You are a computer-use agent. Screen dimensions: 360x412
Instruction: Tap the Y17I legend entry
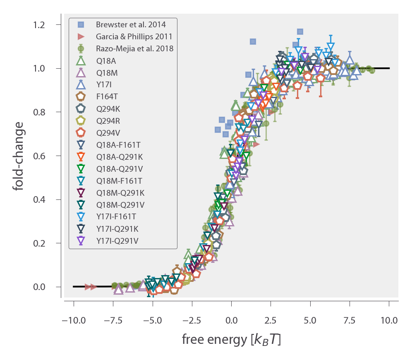(103, 84)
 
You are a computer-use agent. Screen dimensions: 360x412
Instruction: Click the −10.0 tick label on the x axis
(74, 321)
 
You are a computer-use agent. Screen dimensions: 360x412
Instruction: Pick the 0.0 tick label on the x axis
(231, 321)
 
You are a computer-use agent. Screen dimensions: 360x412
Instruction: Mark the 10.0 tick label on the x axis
(389, 321)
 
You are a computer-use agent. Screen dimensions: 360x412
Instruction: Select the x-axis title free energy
(231, 340)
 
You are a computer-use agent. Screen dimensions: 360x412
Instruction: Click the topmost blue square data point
(300, 31)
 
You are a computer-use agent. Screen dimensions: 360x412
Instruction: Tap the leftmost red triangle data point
(87, 287)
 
